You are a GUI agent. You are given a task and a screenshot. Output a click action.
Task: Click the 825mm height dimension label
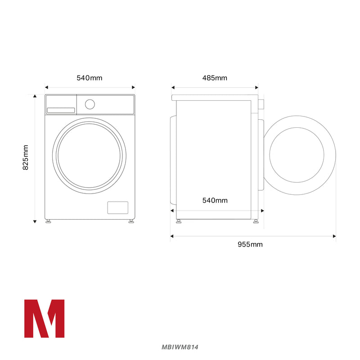coord(26,157)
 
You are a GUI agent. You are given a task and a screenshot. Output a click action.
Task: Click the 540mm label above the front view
coord(90,78)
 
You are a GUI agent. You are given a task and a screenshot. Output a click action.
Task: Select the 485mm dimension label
coord(215,78)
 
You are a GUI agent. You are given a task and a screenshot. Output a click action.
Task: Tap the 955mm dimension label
coord(250,244)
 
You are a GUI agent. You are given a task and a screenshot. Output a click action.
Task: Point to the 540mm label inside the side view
coord(215,200)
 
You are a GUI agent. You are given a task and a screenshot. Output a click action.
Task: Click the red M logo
coord(44,318)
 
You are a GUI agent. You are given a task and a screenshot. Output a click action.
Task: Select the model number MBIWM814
coord(180,347)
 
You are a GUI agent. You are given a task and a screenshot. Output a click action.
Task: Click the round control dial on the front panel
coord(90,104)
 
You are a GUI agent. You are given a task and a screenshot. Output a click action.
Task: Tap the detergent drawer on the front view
coord(61,110)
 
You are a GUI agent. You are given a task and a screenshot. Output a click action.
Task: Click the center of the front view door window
coord(90,156)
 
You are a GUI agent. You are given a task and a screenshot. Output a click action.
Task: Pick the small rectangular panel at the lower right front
coord(117,207)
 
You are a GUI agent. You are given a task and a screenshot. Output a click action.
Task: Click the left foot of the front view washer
coord(48,221)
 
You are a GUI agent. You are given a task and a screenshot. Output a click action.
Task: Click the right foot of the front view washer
coord(131,221)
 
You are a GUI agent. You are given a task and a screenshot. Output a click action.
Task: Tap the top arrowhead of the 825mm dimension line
coord(35,96)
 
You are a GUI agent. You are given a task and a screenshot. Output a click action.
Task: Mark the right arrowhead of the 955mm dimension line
coord(334,235)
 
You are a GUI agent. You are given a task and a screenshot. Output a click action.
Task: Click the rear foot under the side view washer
coord(179,221)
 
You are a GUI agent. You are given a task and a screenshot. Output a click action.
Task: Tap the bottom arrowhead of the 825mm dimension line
coord(35,221)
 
